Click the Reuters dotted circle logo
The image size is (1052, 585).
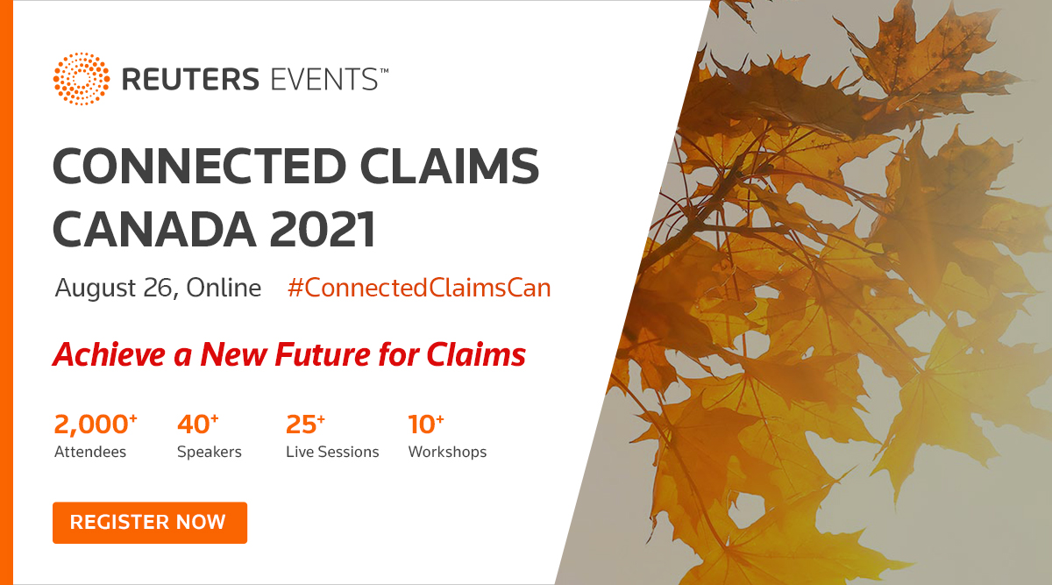click(82, 79)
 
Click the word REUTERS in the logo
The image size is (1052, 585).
click(190, 79)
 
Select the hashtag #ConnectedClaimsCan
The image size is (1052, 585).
click(419, 288)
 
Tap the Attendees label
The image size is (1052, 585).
click(90, 453)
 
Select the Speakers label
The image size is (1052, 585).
click(210, 453)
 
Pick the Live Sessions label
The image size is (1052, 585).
click(332, 453)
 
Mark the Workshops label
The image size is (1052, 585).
click(447, 453)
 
